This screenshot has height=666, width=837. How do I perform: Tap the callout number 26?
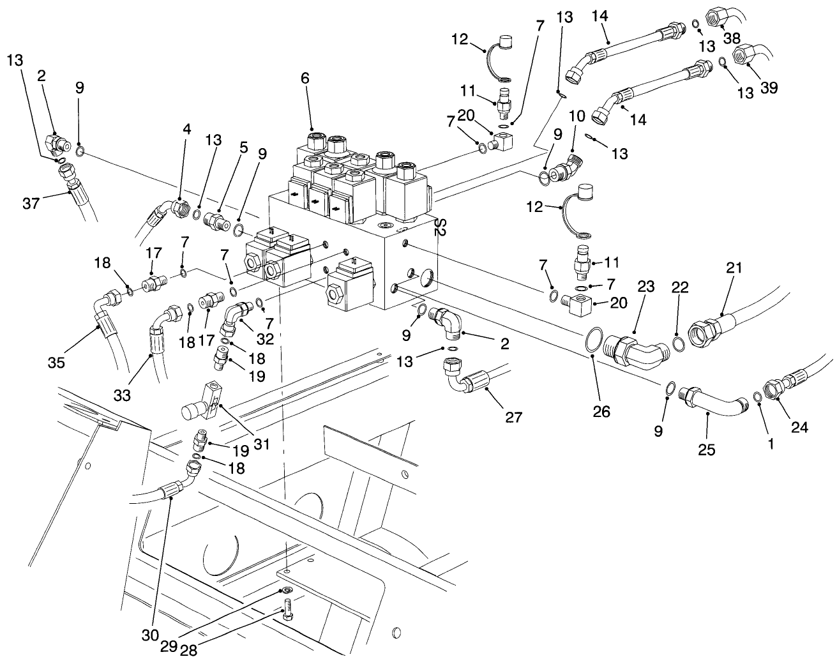tap(601, 411)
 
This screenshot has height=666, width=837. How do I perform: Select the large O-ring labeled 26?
tap(593, 340)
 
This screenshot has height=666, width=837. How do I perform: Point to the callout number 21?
tap(734, 269)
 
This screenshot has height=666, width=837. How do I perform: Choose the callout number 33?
tap(123, 395)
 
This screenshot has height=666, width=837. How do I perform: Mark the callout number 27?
tap(513, 418)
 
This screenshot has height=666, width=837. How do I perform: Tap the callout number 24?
tap(799, 427)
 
